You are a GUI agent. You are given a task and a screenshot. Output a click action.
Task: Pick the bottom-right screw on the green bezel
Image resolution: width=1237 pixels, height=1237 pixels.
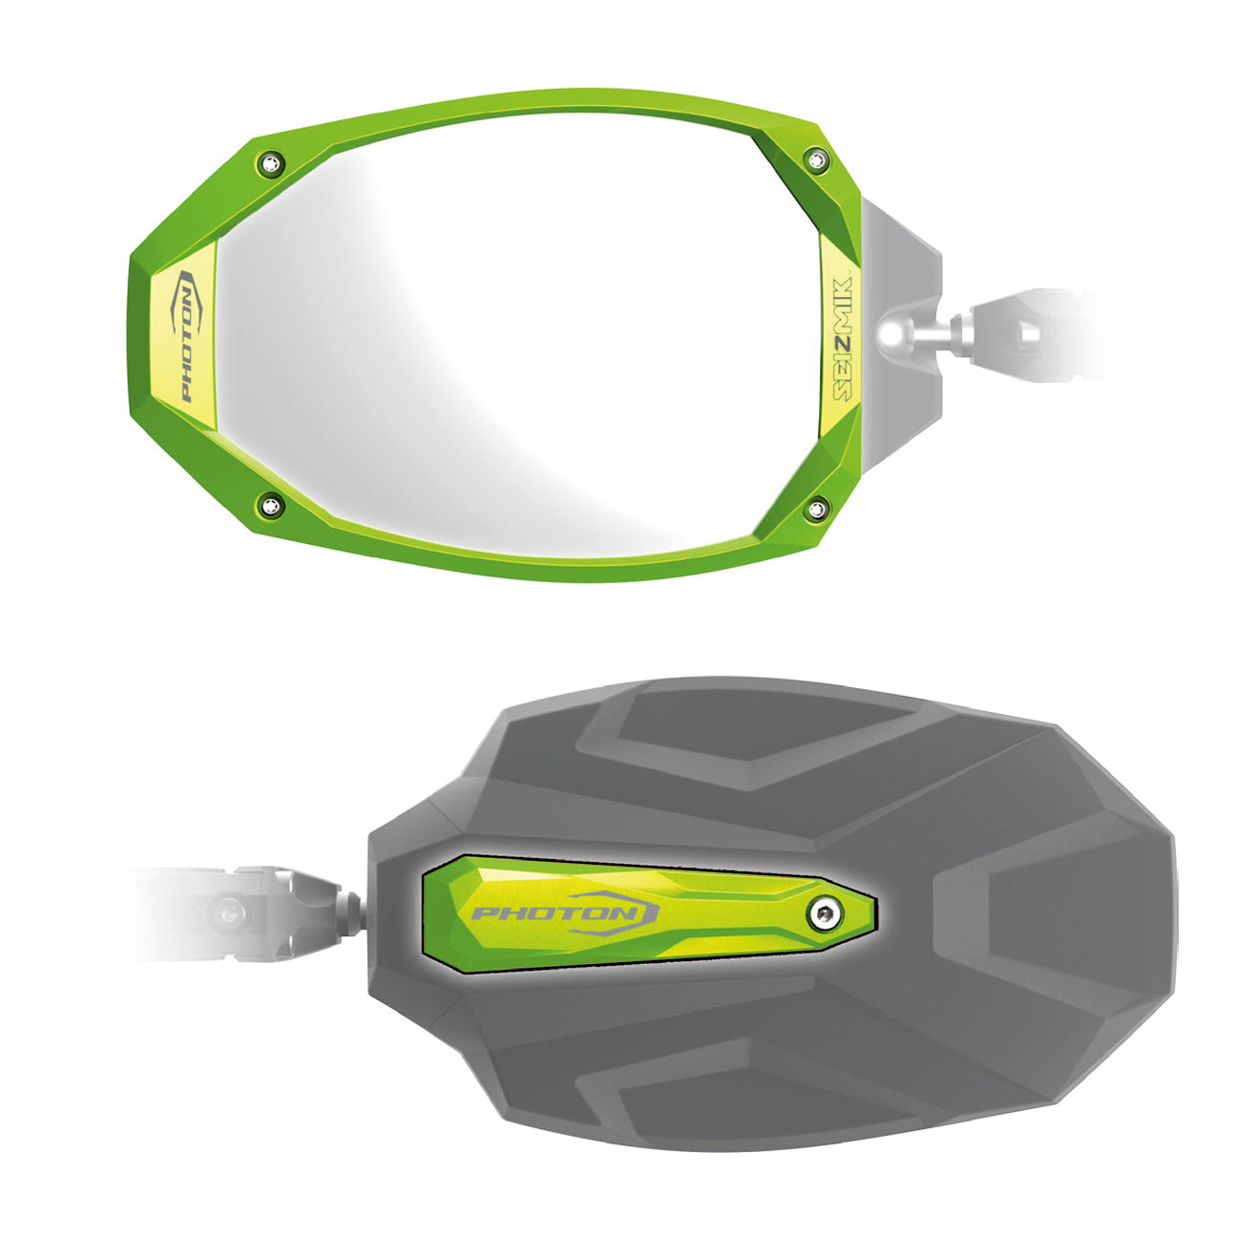pos(815,509)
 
